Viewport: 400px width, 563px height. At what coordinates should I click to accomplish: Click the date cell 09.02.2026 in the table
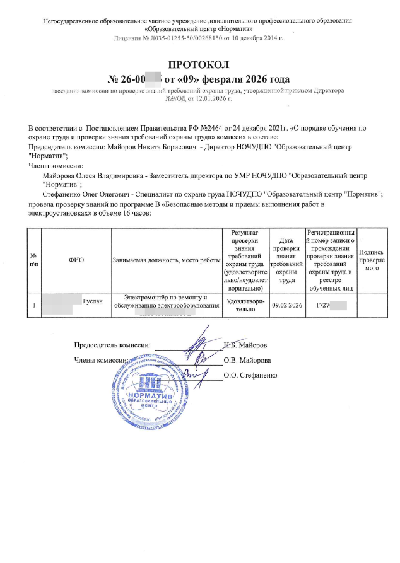(x=287, y=305)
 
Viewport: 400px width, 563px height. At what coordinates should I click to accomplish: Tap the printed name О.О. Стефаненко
(x=250, y=375)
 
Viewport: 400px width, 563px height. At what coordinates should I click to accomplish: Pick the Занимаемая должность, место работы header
(x=165, y=259)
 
